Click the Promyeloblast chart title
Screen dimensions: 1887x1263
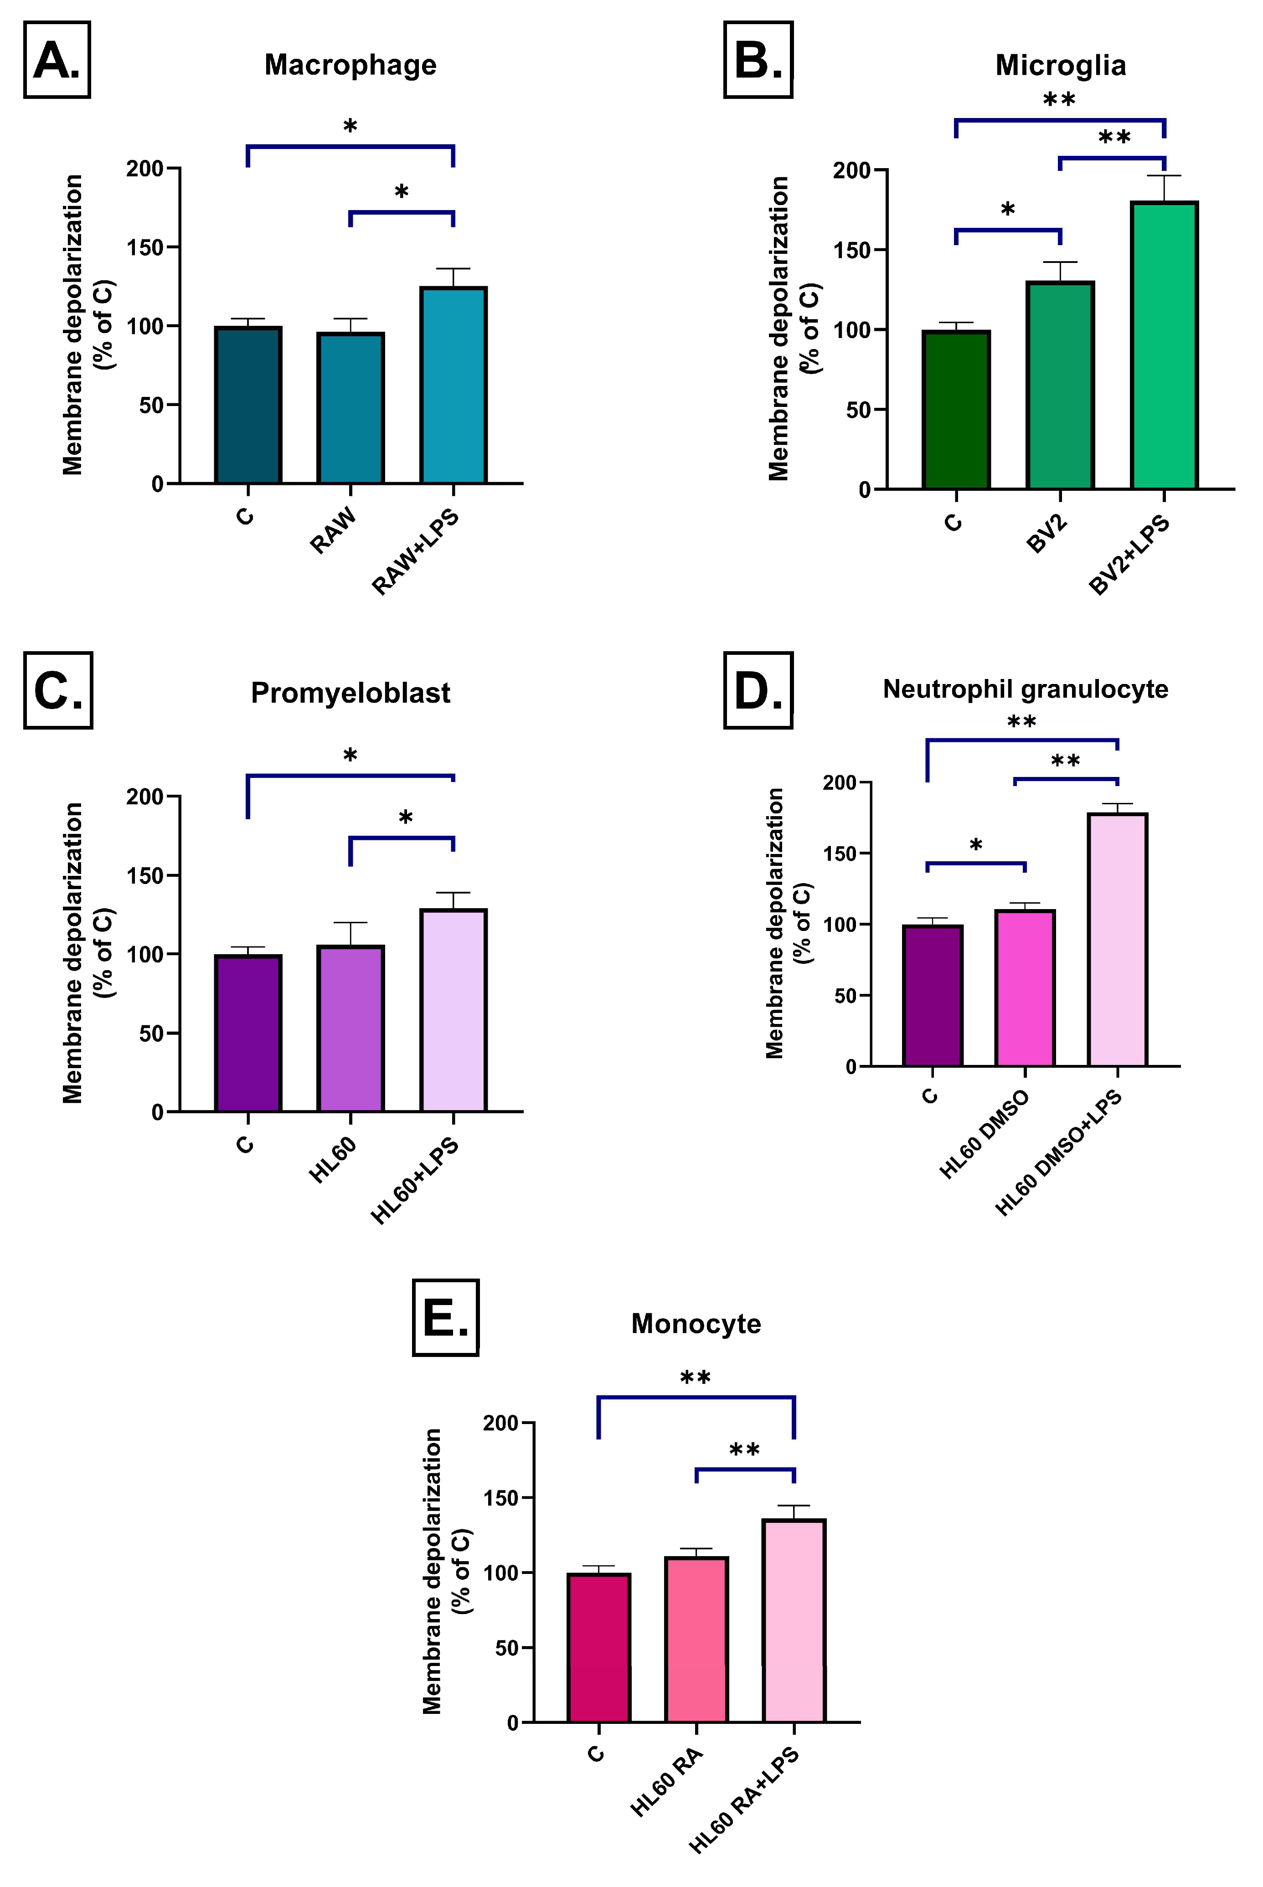point(351,693)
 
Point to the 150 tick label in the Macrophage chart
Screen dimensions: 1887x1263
point(145,247)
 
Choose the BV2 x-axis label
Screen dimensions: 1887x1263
point(1047,533)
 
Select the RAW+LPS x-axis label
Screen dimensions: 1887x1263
point(416,552)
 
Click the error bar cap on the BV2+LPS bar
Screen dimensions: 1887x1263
point(1164,175)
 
